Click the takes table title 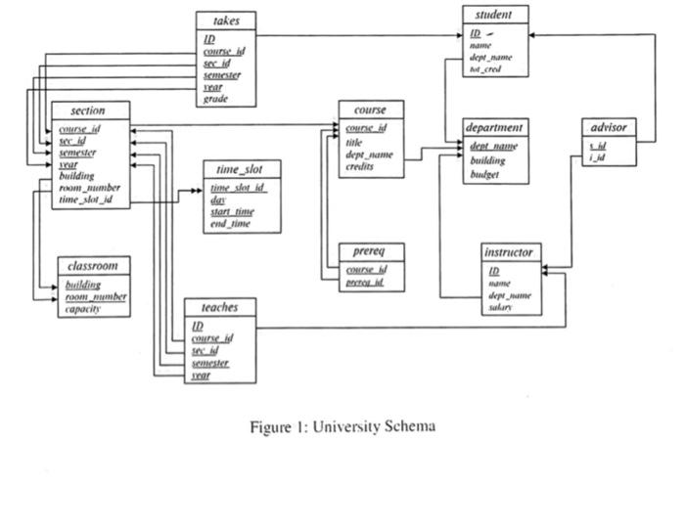(x=224, y=21)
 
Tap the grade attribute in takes (x=215, y=99)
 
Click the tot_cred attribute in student (x=486, y=70)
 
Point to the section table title (x=88, y=111)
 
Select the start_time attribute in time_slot (x=233, y=211)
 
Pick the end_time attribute (x=230, y=224)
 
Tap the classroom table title (x=93, y=266)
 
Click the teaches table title (x=220, y=307)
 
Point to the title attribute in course (x=354, y=142)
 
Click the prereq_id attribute (x=366, y=283)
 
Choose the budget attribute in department (x=484, y=174)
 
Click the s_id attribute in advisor (x=596, y=146)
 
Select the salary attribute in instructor (x=501, y=307)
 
